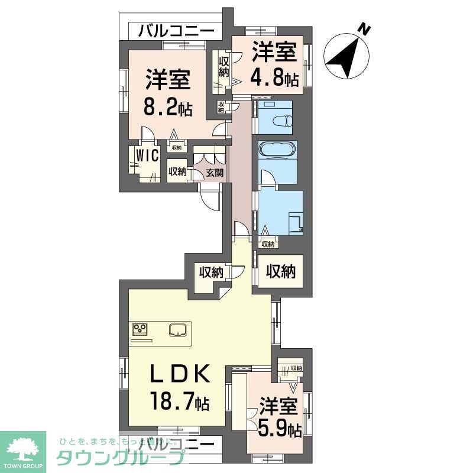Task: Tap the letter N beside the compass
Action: coord(365,28)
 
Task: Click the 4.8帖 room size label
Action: coord(274,77)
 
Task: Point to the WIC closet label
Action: coord(145,155)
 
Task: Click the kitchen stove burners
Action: coord(141,329)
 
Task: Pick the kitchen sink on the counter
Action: coord(178,329)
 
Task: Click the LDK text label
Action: coord(177,374)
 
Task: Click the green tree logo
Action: coord(22,448)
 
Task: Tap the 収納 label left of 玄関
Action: coord(177,172)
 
